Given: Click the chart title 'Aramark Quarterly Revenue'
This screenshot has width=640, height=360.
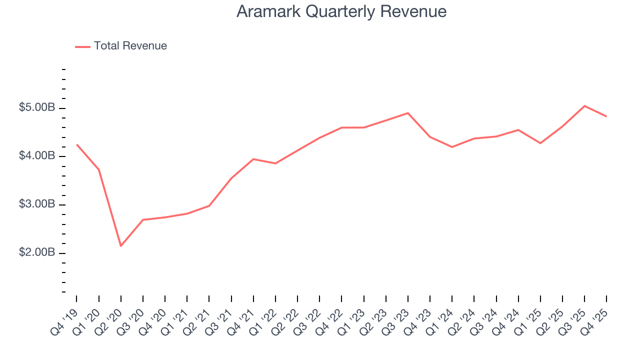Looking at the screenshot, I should click(341, 11).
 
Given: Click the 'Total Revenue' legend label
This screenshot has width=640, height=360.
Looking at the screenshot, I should click(130, 46).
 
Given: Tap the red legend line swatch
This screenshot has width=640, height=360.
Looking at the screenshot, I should click(82, 46).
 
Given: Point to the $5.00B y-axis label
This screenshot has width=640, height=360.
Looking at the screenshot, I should click(36, 108).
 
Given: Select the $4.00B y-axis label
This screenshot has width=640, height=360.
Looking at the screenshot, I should click(36, 156).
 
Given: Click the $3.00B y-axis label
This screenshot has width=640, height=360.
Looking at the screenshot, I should click(36, 204).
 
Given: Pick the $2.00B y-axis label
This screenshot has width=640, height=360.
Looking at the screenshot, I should click(36, 252).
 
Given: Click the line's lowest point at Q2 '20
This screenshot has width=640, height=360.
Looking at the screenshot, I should click(120, 245).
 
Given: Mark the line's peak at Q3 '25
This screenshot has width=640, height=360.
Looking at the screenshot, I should click(584, 106).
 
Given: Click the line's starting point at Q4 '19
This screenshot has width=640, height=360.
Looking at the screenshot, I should click(76, 144).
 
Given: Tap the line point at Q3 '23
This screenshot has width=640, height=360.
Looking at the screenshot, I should click(407, 113).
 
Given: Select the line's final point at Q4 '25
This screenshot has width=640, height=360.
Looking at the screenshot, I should click(606, 116).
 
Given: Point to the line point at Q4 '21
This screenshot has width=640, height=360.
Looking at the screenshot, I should click(253, 159).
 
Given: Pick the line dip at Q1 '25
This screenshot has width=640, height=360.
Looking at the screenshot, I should click(540, 143).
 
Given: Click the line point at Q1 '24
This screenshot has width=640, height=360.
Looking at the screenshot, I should click(452, 147).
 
